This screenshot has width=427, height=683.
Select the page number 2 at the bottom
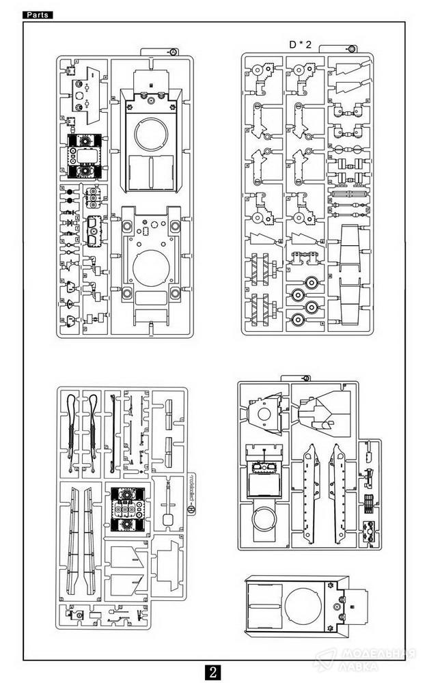click(213, 671)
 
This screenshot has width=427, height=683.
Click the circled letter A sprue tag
click(173, 52)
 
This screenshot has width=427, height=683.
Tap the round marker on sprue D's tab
click(351, 48)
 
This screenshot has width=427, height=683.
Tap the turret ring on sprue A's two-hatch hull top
click(150, 134)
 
